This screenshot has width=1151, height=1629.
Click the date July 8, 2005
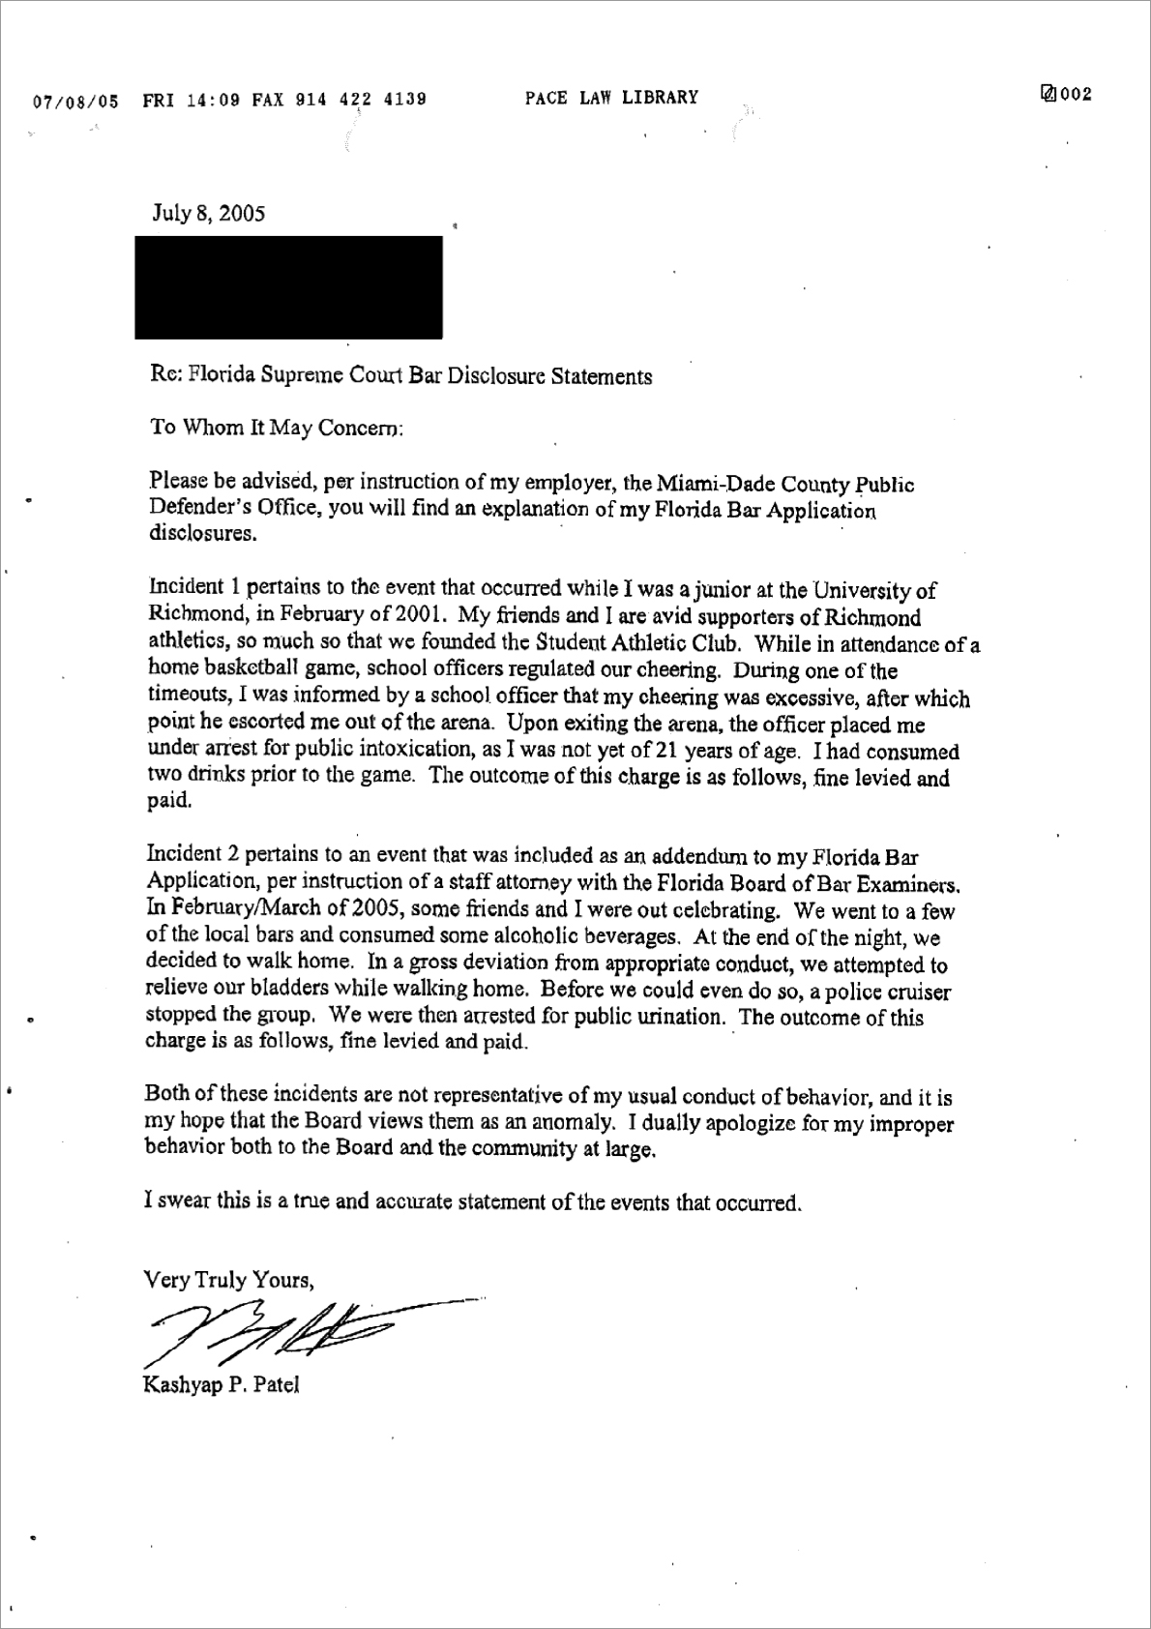[x=208, y=214]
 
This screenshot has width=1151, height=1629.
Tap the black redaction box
[x=288, y=287]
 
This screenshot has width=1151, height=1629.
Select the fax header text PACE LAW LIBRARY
[x=611, y=98]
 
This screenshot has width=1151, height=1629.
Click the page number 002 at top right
[x=1074, y=95]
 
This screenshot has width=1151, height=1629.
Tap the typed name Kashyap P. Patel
[x=221, y=1384]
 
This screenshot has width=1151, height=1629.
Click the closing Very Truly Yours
[x=228, y=1280]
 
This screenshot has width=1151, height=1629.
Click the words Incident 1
[x=192, y=588]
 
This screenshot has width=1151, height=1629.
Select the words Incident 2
[x=192, y=855]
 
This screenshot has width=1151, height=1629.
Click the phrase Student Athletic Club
[x=639, y=643]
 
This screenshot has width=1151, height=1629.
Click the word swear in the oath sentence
[x=183, y=1202]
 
